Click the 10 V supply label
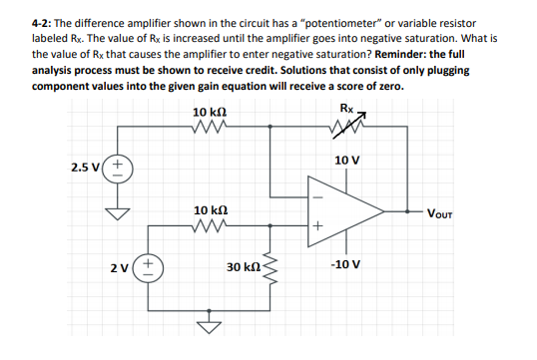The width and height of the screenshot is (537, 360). [347, 160]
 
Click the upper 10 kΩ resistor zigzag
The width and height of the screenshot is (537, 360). [212, 126]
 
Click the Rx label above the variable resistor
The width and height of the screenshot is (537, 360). [345, 107]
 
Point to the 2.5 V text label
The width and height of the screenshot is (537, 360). [85, 166]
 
